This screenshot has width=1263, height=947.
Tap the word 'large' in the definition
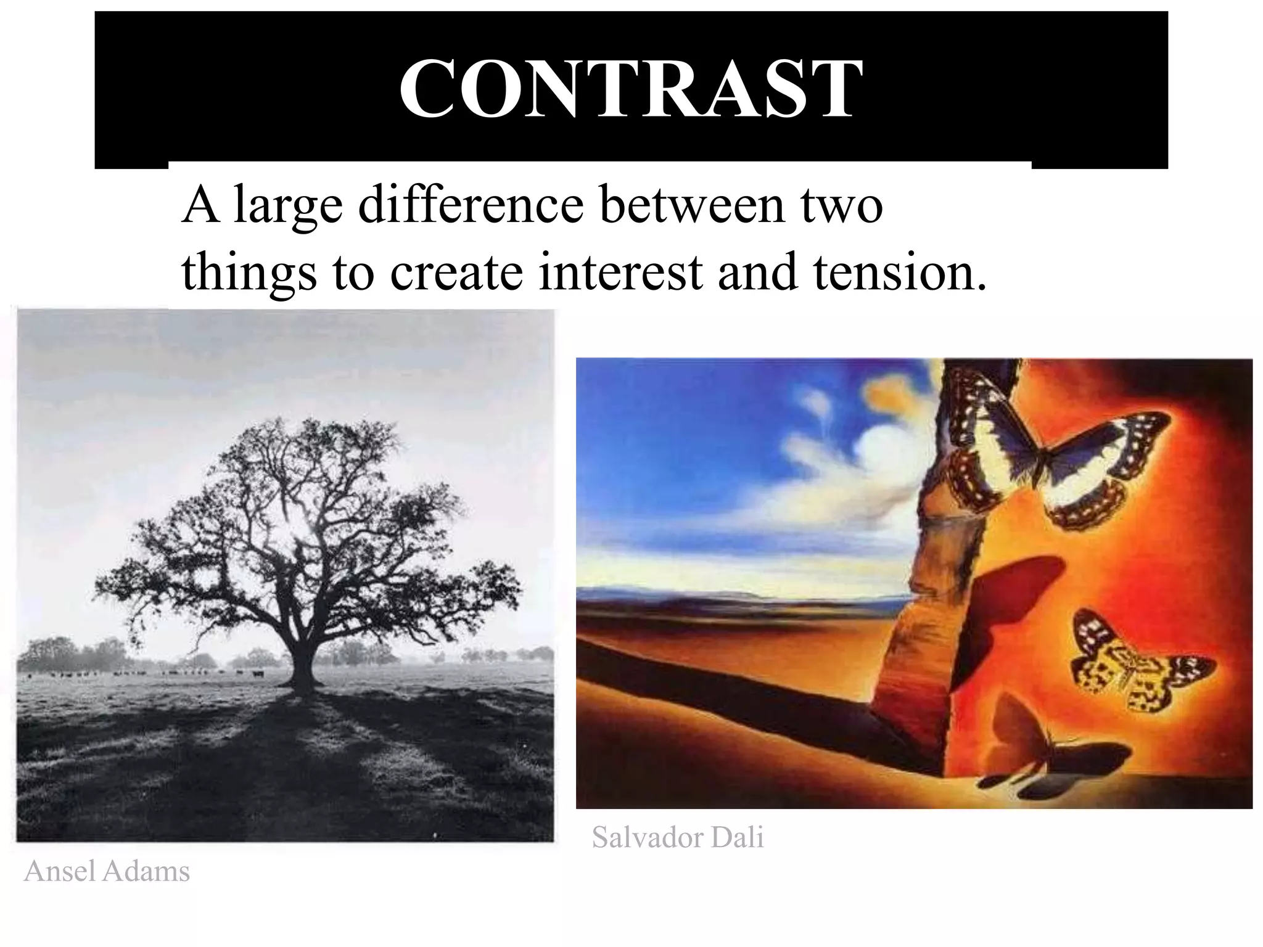click(x=288, y=207)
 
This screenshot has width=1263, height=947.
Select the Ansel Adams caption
click(x=107, y=872)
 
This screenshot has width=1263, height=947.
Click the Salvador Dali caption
click(x=678, y=837)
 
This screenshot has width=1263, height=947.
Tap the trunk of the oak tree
click(x=303, y=663)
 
